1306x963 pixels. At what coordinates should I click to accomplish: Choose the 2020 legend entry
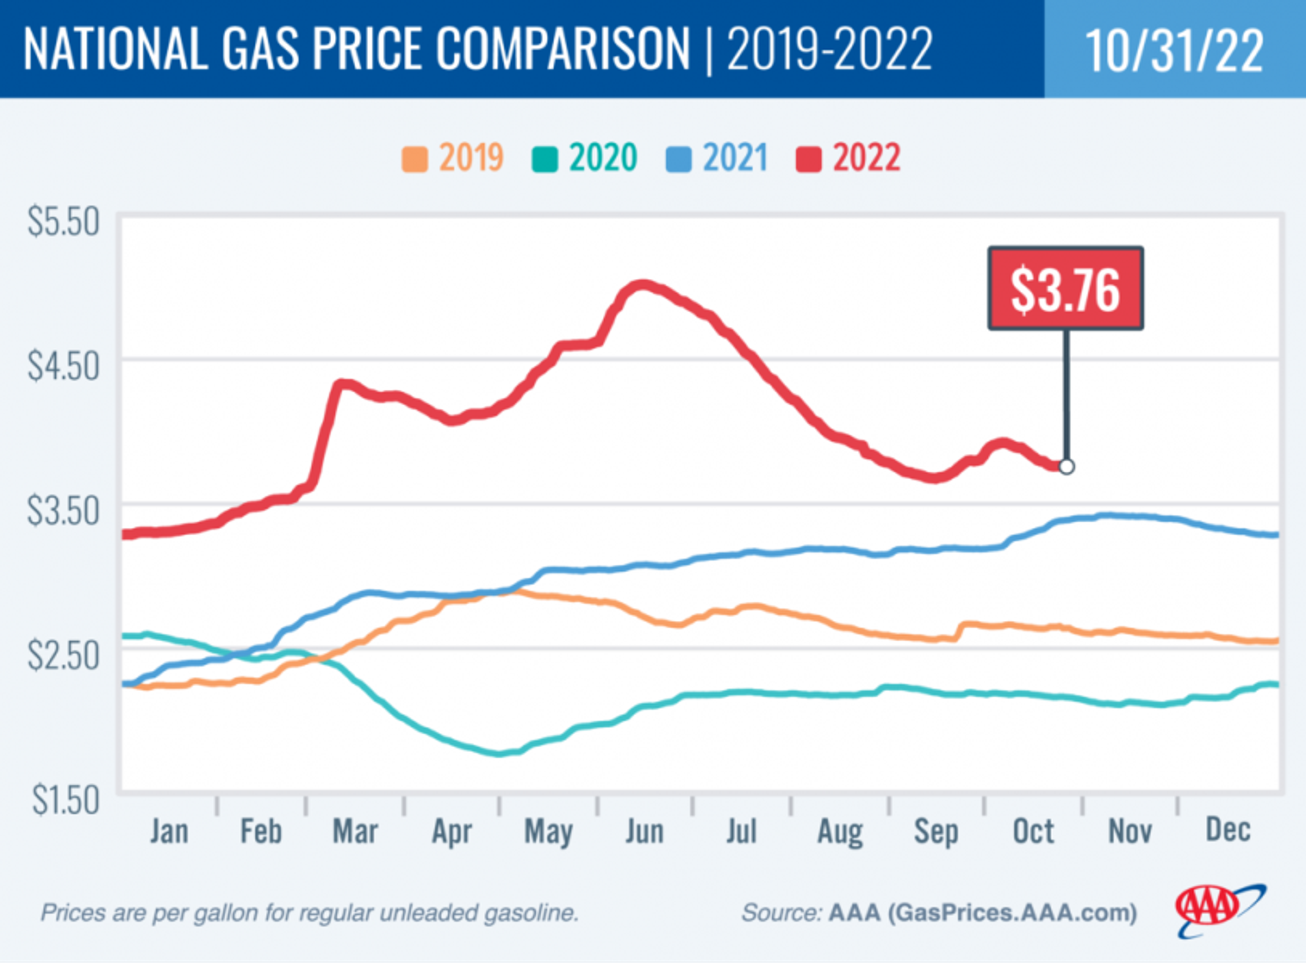click(585, 158)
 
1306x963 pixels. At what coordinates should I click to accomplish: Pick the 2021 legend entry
click(717, 158)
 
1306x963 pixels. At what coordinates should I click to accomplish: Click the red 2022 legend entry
click(849, 158)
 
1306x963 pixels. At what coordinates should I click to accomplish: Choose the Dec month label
click(1228, 830)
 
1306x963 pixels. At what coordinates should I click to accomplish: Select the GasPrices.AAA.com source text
click(1012, 912)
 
